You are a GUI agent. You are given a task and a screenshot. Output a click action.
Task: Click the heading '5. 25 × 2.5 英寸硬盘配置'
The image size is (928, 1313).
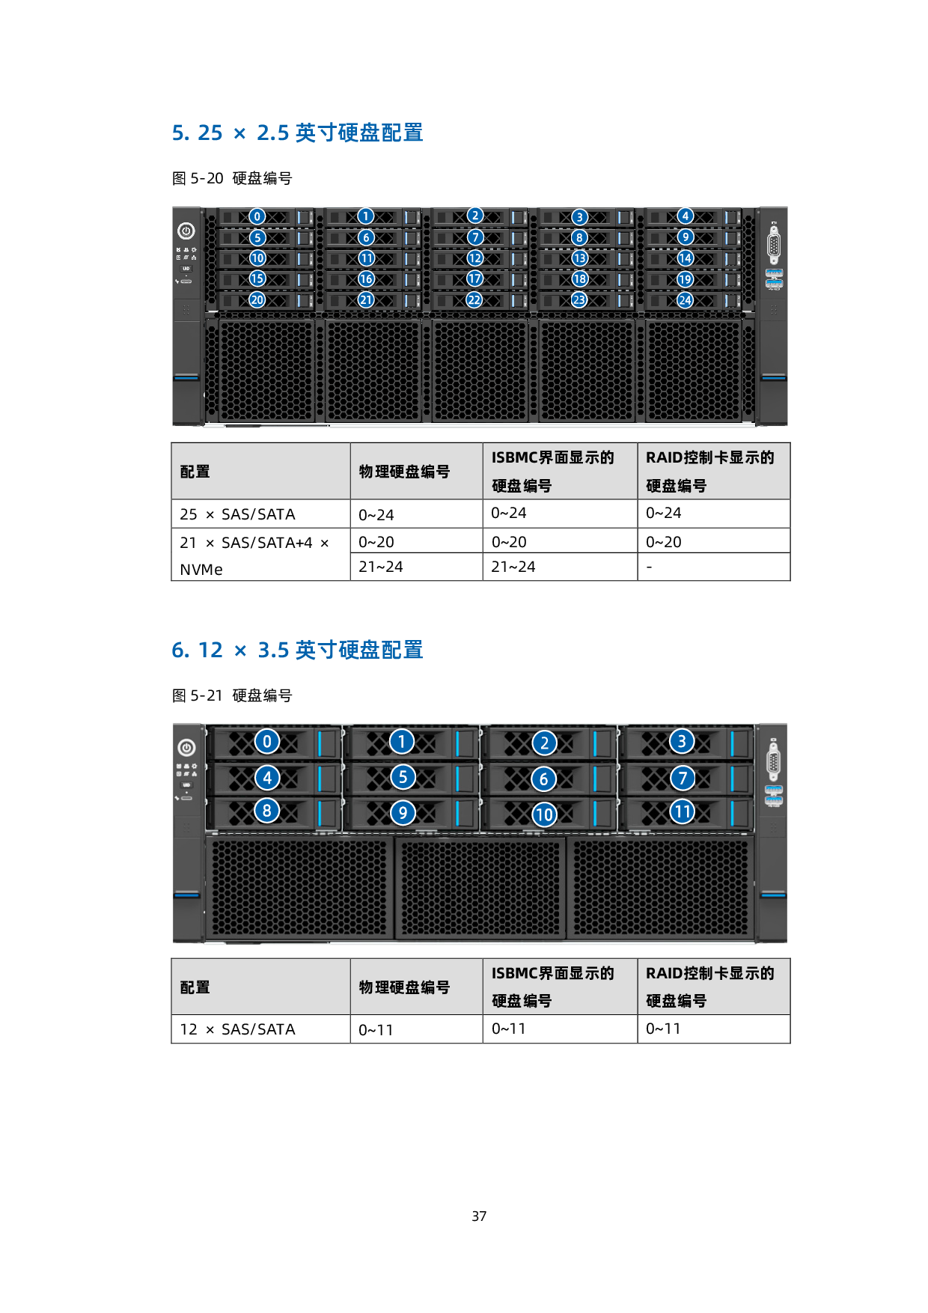tap(297, 133)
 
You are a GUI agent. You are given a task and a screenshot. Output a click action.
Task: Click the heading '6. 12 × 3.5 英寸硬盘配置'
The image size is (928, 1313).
tap(297, 650)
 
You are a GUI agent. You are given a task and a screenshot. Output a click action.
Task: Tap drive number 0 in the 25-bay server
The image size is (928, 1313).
tap(257, 217)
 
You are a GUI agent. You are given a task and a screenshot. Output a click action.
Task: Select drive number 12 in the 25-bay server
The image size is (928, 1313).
tap(475, 258)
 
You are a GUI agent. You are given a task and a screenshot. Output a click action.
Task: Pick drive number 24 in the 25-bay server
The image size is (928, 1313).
tap(685, 300)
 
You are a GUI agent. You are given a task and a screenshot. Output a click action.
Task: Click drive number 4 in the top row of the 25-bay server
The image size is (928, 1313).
tap(685, 216)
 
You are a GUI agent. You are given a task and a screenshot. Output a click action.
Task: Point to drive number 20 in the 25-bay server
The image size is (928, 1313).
tap(257, 300)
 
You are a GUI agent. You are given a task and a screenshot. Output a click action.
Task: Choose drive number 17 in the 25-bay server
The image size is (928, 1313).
tap(475, 279)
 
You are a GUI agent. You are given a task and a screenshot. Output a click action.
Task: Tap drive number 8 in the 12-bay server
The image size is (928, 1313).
tap(267, 811)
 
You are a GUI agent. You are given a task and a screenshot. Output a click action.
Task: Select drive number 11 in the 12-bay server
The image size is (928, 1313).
tap(682, 812)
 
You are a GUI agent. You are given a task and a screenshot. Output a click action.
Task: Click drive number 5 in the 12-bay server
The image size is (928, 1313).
tap(403, 777)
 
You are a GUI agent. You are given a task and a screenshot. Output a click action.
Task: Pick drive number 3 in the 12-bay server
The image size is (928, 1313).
tap(681, 742)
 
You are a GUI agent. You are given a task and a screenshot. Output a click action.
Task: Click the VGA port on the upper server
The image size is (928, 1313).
tap(774, 247)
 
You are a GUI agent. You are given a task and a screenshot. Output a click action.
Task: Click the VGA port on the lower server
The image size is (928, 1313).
tap(774, 764)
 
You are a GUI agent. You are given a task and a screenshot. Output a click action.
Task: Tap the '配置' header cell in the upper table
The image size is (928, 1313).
tap(195, 472)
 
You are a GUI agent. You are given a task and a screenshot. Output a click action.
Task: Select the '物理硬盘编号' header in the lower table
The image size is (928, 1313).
tap(404, 987)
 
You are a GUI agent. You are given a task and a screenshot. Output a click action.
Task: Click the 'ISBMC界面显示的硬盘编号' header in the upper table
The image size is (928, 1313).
tap(552, 472)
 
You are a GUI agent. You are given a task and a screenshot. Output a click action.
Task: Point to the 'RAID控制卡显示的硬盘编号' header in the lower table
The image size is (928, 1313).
tap(709, 987)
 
